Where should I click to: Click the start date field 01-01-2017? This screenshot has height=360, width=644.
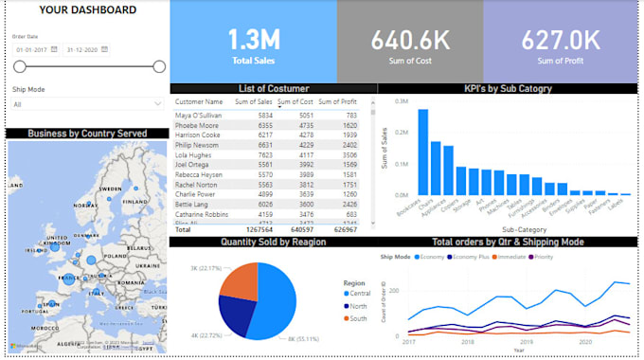coord(30,49)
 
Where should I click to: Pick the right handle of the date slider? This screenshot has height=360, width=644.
coord(159,66)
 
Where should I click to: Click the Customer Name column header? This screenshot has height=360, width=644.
coord(200,101)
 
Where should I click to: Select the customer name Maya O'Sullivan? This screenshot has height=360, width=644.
coord(199,116)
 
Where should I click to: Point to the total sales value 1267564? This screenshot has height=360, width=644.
coord(258,229)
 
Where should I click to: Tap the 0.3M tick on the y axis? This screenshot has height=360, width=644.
coord(402,100)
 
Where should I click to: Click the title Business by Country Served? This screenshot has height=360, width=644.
coord(87,134)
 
